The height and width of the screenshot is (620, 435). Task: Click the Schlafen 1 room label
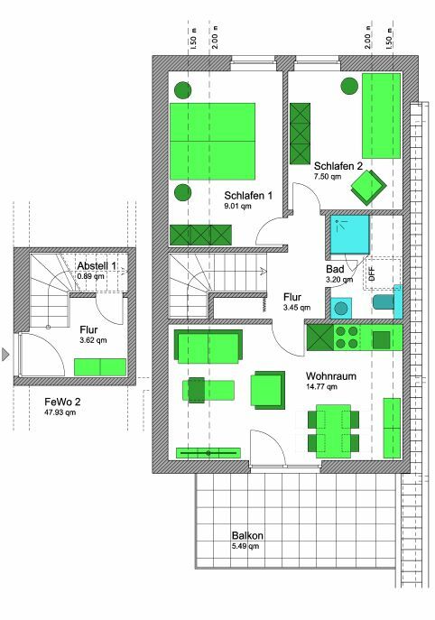point(248,195)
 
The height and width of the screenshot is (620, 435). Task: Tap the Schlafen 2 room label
point(338,166)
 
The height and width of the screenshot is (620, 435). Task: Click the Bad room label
point(334,269)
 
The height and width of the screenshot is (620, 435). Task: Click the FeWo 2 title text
point(64,402)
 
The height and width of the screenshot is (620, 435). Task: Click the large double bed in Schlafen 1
point(212,141)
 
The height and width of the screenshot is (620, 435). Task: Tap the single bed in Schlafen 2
point(381,115)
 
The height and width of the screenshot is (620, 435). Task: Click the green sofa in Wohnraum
point(208,346)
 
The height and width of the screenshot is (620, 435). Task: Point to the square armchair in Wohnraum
point(268,390)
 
